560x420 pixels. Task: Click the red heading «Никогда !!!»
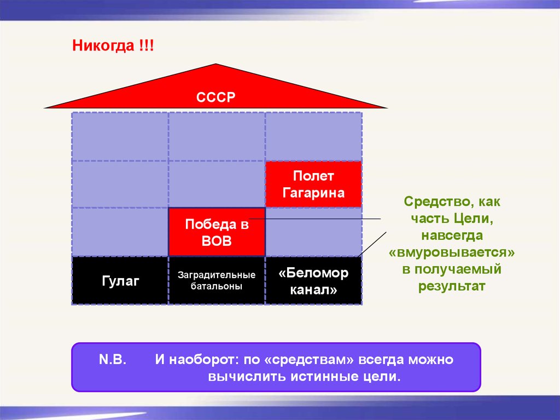click(x=113, y=46)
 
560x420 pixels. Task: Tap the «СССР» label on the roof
click(x=215, y=97)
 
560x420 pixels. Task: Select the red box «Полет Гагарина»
click(x=313, y=184)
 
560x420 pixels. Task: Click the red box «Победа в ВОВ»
click(x=217, y=232)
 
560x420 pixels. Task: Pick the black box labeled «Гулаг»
click(x=120, y=280)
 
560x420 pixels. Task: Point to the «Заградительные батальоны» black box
click(x=217, y=280)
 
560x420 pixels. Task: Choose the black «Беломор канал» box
click(x=313, y=280)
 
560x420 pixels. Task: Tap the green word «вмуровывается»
click(x=452, y=252)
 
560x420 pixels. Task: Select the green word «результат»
click(x=452, y=286)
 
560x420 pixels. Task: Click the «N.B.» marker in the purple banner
click(x=113, y=359)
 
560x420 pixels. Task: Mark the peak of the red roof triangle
click(x=215, y=64)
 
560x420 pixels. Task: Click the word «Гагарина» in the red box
click(x=313, y=193)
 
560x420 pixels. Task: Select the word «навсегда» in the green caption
click(x=452, y=235)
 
